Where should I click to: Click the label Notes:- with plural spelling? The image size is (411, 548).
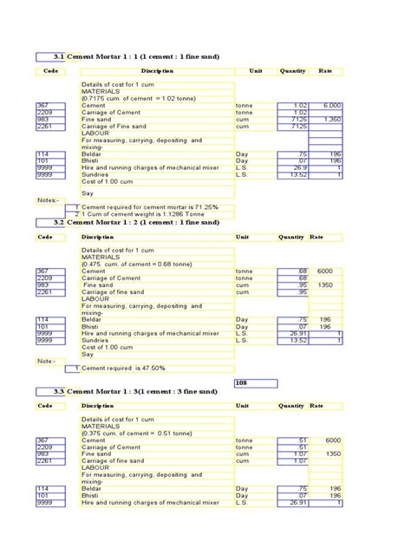pos(48,200)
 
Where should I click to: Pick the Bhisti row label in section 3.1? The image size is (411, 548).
pos(90,160)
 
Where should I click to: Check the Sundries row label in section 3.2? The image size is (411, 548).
pos(94,340)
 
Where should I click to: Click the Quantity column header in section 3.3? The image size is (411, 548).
pos(291,406)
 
